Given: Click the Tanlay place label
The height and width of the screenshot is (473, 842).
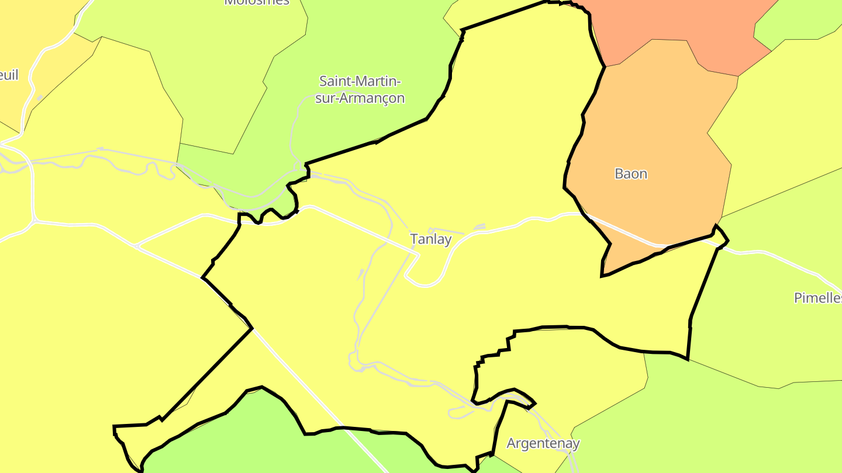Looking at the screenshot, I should (431, 239).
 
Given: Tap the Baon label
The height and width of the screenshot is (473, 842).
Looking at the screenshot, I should (631, 174).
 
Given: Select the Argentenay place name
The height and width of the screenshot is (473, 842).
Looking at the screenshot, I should (543, 443).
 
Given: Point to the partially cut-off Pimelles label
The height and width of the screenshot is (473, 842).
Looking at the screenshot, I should (817, 298).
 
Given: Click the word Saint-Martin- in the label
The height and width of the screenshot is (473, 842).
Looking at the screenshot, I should (360, 81).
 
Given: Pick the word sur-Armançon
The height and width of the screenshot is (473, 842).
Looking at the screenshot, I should (360, 98).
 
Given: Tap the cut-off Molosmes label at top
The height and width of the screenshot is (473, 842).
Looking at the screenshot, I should (257, 2).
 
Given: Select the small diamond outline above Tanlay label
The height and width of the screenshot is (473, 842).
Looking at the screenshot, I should (431, 230).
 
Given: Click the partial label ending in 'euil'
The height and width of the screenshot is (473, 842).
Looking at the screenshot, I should (9, 75).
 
